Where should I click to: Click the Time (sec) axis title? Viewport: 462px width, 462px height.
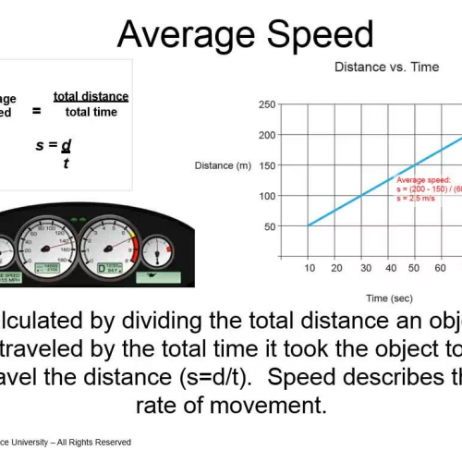[x=388, y=298]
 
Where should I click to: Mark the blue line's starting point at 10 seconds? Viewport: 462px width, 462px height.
[x=310, y=225]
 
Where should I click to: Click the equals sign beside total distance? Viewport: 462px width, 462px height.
[x=37, y=110]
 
